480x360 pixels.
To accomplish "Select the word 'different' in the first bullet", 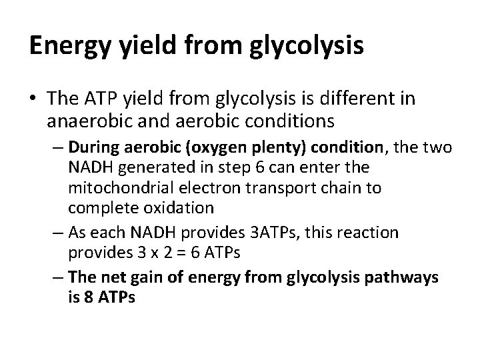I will point(371,101).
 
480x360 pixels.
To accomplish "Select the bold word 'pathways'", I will point(401,277).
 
